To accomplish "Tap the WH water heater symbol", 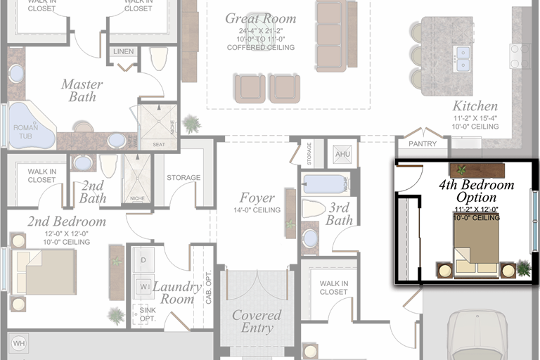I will pyautogui.click(x=18, y=344).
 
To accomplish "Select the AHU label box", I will pyautogui.click(x=342, y=154).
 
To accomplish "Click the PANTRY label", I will pyautogui.click(x=422, y=144).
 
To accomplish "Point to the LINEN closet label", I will pyautogui.click(x=124, y=51).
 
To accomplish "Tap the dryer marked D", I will pyautogui.click(x=143, y=260).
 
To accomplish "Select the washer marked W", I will pyautogui.click(x=143, y=286).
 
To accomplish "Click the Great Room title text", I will pyautogui.click(x=261, y=19).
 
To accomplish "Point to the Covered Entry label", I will pyautogui.click(x=257, y=322).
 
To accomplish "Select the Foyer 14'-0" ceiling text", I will pyautogui.click(x=257, y=210).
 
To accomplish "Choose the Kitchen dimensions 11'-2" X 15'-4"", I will pyautogui.click(x=476, y=117).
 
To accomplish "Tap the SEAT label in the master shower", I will pyautogui.click(x=159, y=144).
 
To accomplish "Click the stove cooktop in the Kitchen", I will pyautogui.click(x=521, y=56).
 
